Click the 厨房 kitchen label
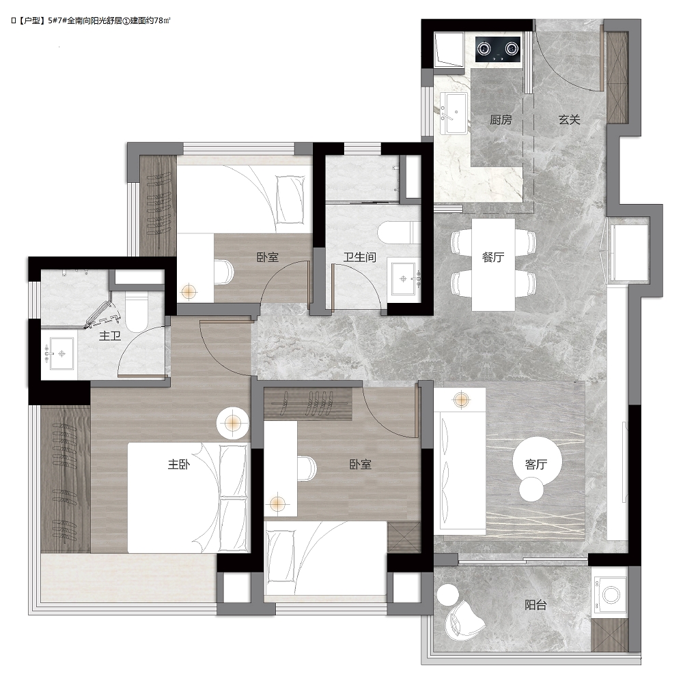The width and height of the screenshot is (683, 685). tap(501, 119)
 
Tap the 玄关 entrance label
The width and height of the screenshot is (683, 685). tap(570, 119)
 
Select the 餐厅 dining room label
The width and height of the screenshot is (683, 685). tap(493, 257)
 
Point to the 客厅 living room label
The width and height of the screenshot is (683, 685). tap(536, 464)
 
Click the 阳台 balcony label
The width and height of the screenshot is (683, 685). tap(535, 604)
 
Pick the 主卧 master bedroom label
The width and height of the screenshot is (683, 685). tap(179, 464)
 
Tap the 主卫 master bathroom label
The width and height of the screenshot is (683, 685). tap(110, 336)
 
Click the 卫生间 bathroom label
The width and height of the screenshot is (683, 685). tap(359, 257)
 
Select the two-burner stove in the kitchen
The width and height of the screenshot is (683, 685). tap(499, 48)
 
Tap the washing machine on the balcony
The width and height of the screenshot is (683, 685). tap(611, 594)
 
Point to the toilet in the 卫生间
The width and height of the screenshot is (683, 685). tap(400, 233)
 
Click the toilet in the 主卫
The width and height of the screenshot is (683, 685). tap(137, 312)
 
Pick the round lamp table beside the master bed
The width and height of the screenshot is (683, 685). tap(233, 423)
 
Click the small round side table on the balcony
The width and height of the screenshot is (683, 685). tap(448, 594)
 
